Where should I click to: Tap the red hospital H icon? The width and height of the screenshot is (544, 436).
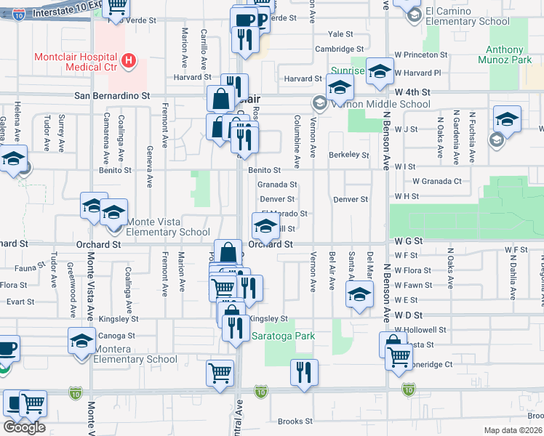[129, 59]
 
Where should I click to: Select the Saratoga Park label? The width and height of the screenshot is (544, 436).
[284, 336]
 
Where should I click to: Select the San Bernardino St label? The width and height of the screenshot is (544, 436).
[112, 95]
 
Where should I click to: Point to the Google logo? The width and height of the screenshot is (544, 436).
[24, 427]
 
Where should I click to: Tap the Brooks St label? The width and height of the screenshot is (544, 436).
[295, 421]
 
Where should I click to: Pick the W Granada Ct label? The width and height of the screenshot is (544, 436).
[436, 181]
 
